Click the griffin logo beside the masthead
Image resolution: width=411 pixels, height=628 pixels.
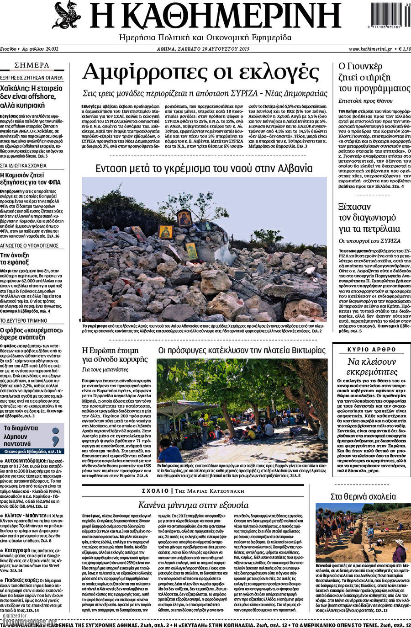(67, 15)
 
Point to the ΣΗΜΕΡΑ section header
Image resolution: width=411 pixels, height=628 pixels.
(32, 65)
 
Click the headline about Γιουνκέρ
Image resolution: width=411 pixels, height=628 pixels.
(374, 77)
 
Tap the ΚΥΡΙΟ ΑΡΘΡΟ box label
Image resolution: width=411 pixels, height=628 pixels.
(371, 350)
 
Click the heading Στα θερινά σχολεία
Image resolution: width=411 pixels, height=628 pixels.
(363, 496)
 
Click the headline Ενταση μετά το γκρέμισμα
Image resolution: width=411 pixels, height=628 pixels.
(204, 169)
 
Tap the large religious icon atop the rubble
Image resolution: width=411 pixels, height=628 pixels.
(184, 218)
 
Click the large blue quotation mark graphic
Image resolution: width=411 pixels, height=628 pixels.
(56, 436)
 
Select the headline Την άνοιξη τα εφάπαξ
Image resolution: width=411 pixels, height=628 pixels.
(15, 259)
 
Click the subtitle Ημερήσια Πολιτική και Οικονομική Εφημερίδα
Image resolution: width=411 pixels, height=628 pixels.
(205, 37)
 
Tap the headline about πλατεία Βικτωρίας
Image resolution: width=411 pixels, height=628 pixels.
(242, 351)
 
